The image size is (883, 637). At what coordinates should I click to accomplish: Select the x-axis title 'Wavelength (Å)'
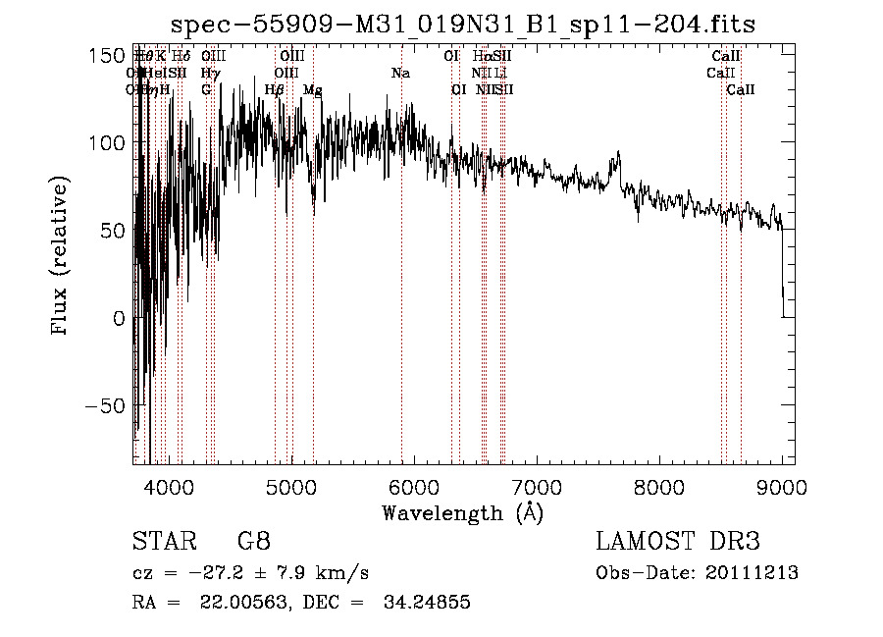[462, 511]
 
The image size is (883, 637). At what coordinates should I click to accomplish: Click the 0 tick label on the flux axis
[118, 318]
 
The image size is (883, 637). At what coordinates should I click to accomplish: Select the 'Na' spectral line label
[400, 74]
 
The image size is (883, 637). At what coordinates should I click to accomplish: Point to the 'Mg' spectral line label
[313, 90]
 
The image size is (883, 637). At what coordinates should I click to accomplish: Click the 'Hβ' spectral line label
[275, 90]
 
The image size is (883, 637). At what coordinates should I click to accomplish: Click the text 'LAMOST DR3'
[678, 542]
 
